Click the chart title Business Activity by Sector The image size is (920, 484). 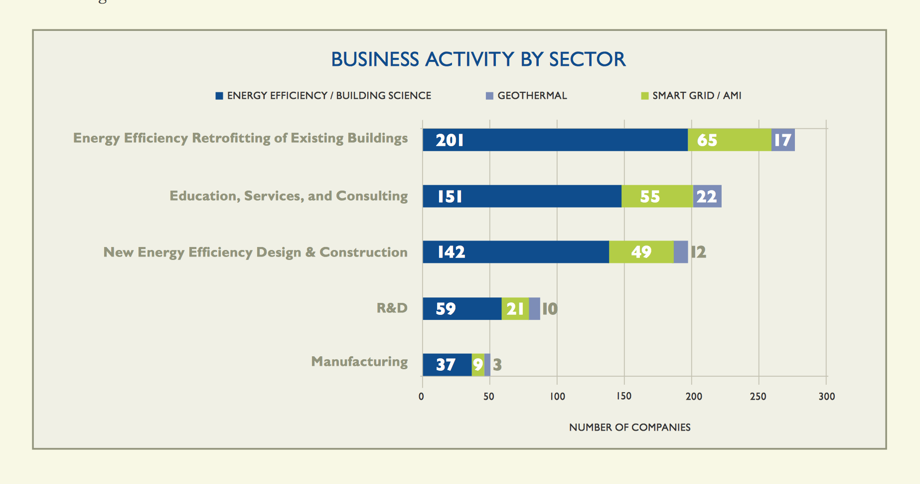coord(478,59)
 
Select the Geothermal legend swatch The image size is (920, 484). coord(489,96)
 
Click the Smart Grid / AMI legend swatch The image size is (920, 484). coord(644,96)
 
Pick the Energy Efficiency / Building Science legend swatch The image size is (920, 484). coord(219,96)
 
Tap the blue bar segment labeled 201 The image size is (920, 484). coord(555,140)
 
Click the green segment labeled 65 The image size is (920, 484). coord(729,140)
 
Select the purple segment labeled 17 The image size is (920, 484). coord(783,140)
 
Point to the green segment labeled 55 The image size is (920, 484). coord(657,197)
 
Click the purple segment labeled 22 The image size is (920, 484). coord(707,197)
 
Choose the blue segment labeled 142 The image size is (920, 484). coord(515,252)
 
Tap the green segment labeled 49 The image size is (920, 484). coord(641,252)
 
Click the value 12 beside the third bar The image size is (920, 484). coord(698,252)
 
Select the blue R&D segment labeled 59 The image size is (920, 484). coord(462,309)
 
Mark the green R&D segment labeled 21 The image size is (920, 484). coord(515,309)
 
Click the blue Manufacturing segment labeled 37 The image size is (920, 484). coord(447,365)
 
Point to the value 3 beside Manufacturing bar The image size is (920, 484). coord(497,365)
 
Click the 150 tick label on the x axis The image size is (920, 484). coord(624,396)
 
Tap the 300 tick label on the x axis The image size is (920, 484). coord(826,396)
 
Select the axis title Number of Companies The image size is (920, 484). coord(629,428)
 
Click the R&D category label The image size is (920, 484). coord(392,308)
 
